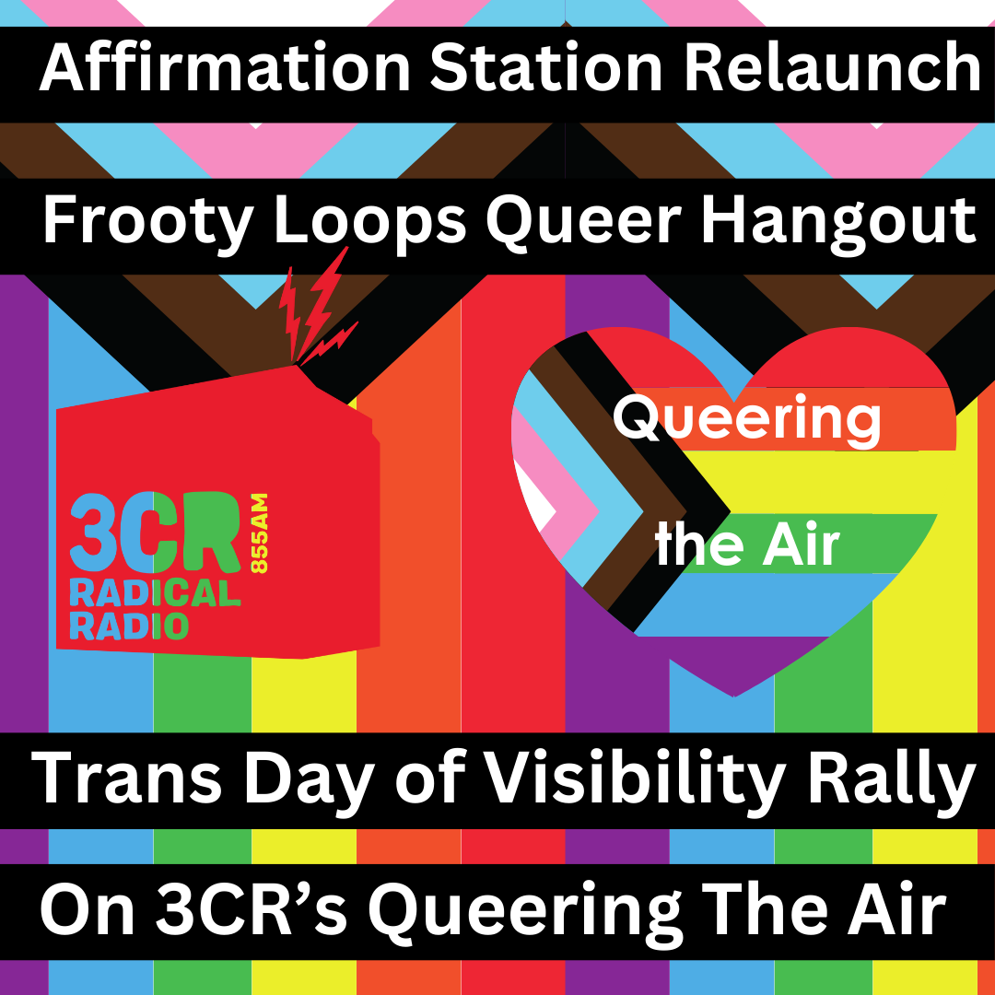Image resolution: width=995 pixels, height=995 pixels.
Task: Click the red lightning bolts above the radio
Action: [317, 308]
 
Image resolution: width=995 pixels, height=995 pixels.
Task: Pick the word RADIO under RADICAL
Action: [129, 626]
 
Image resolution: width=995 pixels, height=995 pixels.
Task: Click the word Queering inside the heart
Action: [746, 420]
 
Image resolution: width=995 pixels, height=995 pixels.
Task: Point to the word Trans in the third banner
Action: [129, 779]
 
